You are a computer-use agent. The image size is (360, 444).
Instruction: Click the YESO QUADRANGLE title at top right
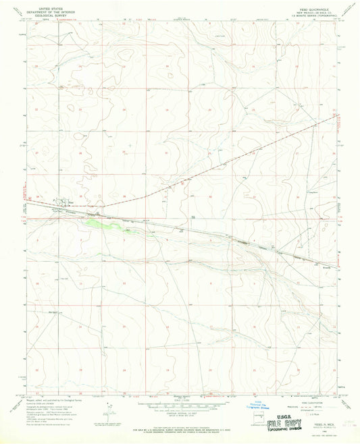[x=302, y=9]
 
